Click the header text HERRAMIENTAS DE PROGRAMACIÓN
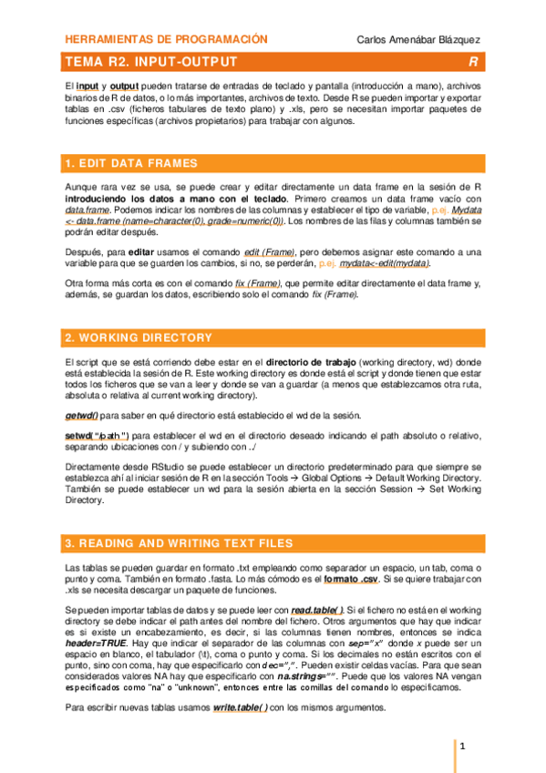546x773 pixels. pyautogui.click(x=166, y=39)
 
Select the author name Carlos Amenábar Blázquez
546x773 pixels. pyautogui.click(x=418, y=40)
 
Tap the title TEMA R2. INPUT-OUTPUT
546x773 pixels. pyautogui.click(x=151, y=62)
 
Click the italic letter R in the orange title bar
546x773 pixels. pyautogui.click(x=473, y=62)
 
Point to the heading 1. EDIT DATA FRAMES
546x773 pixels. pyautogui.click(x=131, y=164)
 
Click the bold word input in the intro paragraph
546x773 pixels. pyautogui.click(x=88, y=85)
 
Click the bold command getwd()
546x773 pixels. pyautogui.click(x=82, y=415)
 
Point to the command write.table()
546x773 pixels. pyautogui.click(x=241, y=708)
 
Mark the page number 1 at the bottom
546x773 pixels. pyautogui.click(x=462, y=747)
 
